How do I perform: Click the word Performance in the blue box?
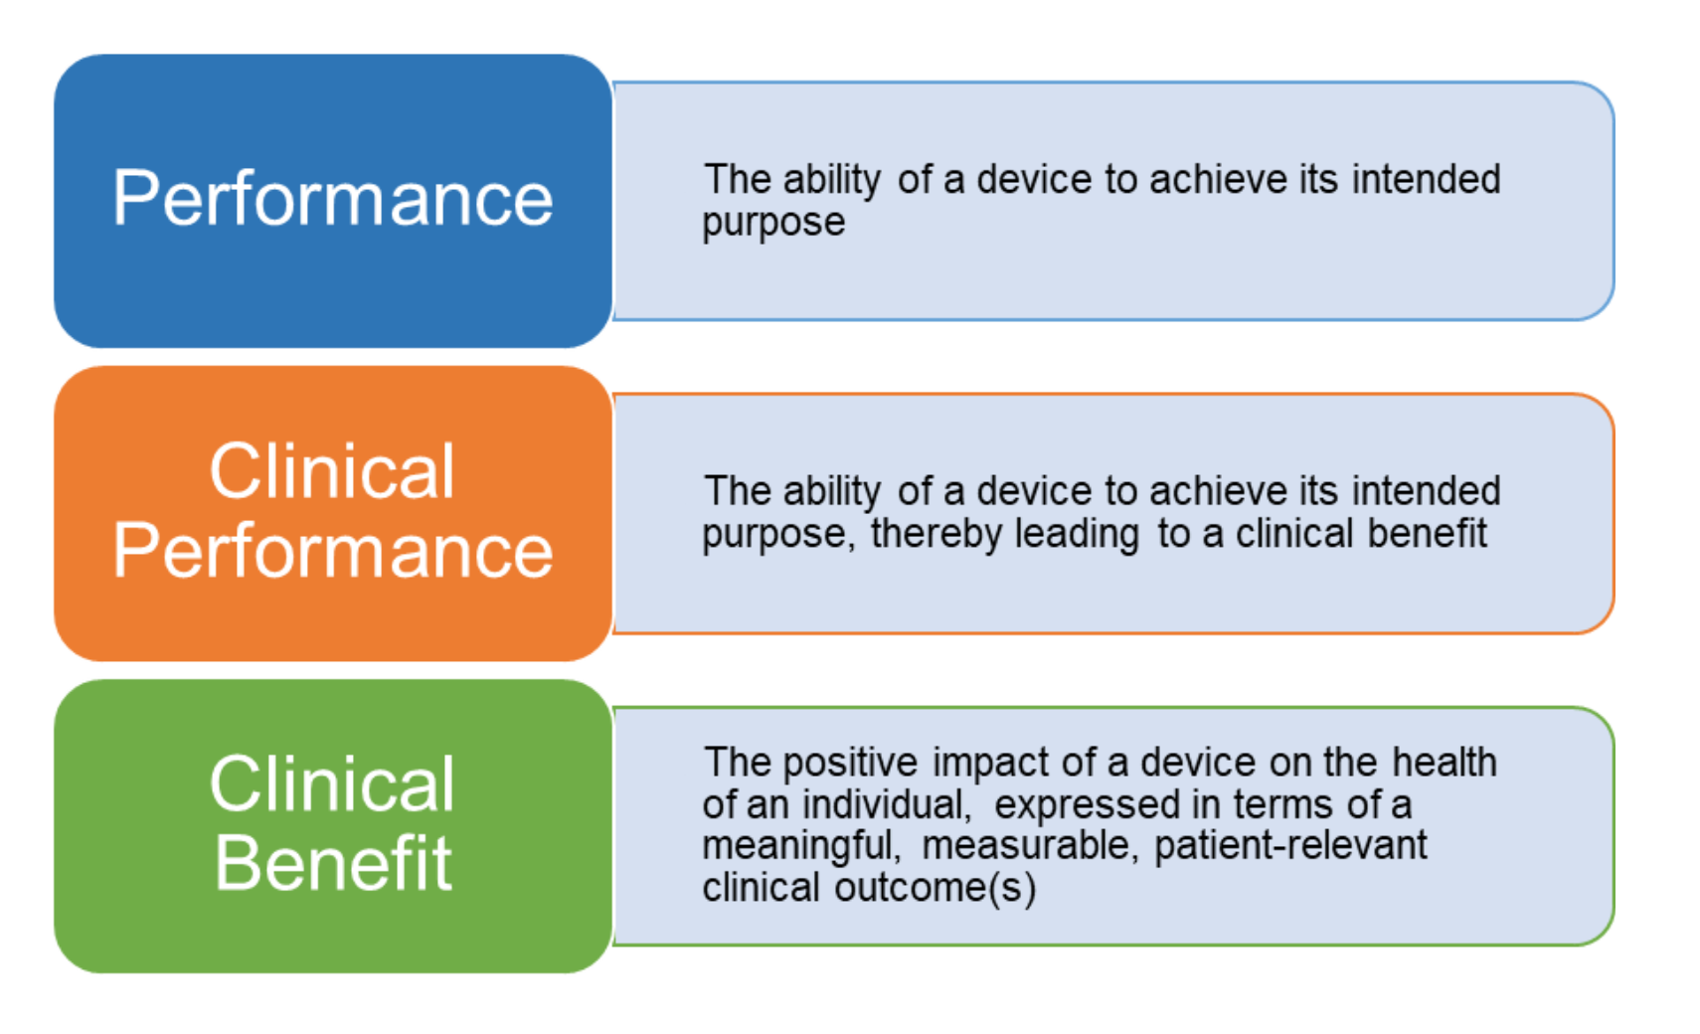coord(332,199)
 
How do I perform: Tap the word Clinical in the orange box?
coord(332,471)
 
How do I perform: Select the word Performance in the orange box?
coord(332,551)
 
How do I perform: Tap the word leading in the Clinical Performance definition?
coord(1077,534)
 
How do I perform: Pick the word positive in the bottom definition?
coord(850,763)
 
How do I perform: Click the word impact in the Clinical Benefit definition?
coord(989,763)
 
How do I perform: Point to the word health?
coord(1445,762)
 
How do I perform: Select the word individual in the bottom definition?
coord(887,804)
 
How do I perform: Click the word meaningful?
coord(801,846)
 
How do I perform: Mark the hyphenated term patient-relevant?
coord(1291,846)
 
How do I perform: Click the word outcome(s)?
coord(935,888)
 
